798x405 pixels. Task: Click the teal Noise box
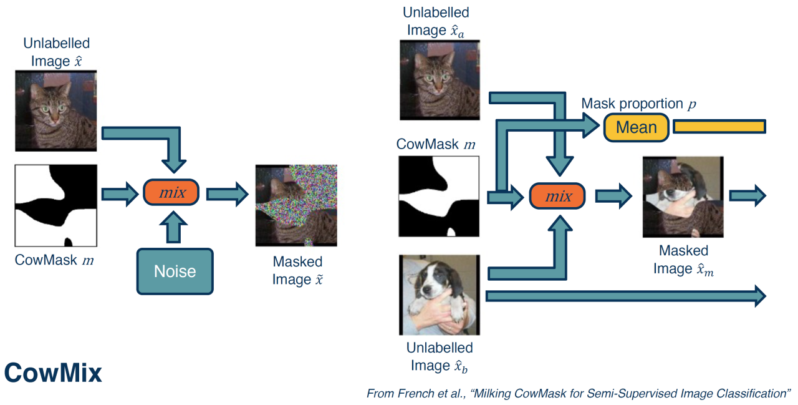(x=175, y=271)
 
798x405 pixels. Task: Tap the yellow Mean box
(x=636, y=127)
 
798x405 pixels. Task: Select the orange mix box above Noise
(x=171, y=192)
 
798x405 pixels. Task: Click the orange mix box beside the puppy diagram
(x=558, y=197)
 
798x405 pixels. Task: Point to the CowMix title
(x=53, y=373)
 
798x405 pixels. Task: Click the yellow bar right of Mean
(x=719, y=127)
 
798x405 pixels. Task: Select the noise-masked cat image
(x=296, y=205)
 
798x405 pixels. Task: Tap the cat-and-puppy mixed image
(x=683, y=197)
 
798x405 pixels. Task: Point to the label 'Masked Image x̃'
(x=297, y=270)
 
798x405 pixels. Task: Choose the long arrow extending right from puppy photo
(x=623, y=296)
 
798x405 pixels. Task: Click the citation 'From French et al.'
(x=579, y=394)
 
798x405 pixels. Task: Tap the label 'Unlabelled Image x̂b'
(x=439, y=356)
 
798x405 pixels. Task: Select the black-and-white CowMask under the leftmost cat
(x=56, y=205)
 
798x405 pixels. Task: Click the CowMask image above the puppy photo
(x=439, y=197)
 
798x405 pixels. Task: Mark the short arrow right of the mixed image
(x=747, y=196)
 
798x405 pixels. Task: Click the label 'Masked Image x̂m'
(x=683, y=260)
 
